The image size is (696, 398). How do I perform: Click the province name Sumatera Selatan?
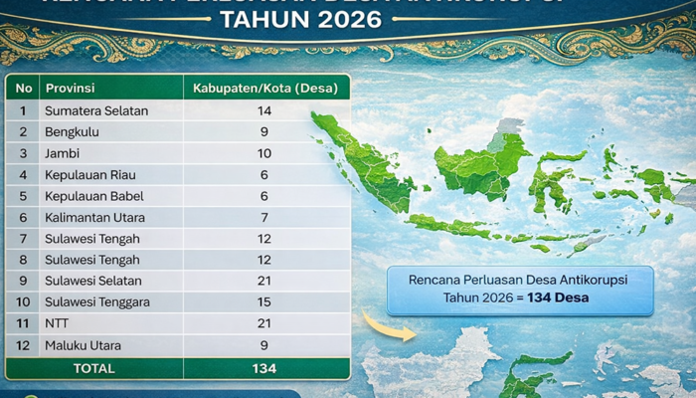tap(95, 110)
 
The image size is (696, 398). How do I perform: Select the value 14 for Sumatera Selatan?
tap(264, 110)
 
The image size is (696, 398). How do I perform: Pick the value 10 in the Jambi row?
tap(264, 153)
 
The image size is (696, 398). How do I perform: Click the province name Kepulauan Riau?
tap(89, 174)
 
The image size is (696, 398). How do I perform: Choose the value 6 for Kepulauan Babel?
tap(264, 196)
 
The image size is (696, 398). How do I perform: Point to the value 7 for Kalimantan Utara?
tap(264, 217)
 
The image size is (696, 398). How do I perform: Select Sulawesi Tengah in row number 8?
tap(91, 260)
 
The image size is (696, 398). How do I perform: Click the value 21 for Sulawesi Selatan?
tap(264, 281)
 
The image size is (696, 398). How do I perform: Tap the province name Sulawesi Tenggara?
tap(97, 301)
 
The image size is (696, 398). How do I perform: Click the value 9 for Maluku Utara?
tap(264, 345)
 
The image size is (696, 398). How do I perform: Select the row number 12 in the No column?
tap(22, 345)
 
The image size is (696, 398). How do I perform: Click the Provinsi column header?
tap(70, 88)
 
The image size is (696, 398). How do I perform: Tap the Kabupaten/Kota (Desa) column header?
tap(264, 88)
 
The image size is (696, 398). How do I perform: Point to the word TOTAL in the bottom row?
tap(93, 368)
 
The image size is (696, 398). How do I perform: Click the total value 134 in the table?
tap(264, 368)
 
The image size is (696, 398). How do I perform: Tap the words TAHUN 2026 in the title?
tap(347, 21)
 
